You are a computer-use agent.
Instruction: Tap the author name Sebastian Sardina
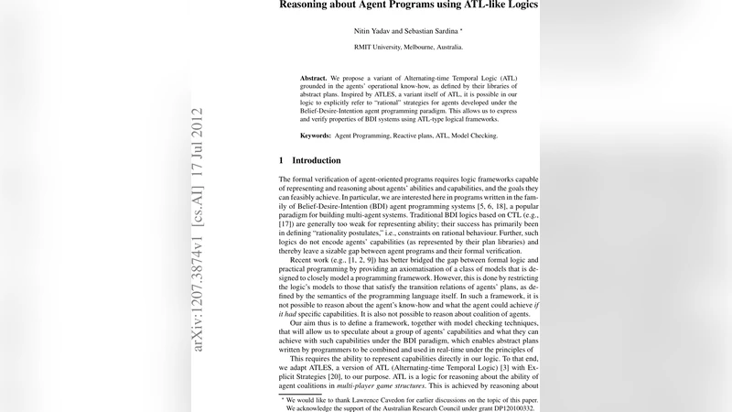435,30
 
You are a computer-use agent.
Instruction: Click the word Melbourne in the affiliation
429,46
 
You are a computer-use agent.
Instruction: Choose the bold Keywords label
322,135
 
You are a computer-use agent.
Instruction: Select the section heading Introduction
316,160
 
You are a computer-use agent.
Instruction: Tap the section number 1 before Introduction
282,160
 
